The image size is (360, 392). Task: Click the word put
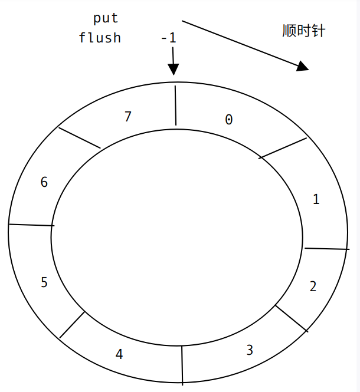tap(106, 19)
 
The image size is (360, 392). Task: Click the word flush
tap(100, 38)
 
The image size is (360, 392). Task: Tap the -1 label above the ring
tap(168, 38)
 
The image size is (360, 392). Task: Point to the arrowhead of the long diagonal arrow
tap(303, 66)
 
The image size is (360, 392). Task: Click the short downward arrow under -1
tap(173, 62)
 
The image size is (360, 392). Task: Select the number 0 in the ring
tap(229, 120)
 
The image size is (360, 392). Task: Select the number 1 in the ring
tap(316, 199)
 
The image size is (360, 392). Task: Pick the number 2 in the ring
tap(313, 286)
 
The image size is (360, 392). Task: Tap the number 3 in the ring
tap(250, 350)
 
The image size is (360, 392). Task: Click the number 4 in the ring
tap(119, 354)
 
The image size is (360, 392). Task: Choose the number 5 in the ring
tap(44, 282)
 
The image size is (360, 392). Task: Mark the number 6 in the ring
tap(44, 182)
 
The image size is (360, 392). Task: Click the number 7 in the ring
tap(127, 117)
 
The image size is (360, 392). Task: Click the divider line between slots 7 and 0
tap(175, 105)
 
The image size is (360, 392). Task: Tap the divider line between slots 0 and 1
tap(283, 147)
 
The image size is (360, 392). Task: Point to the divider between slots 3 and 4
tap(182, 364)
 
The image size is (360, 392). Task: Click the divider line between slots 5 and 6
tap(31, 225)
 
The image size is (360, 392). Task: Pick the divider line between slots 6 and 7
tap(79, 137)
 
